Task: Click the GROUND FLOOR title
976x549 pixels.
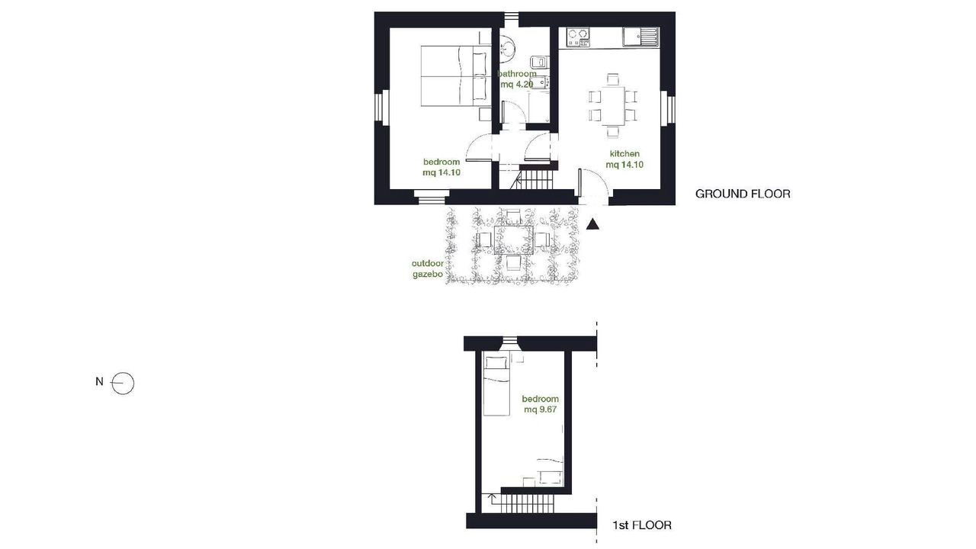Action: pyautogui.click(x=743, y=194)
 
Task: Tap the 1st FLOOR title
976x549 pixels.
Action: pyautogui.click(x=642, y=525)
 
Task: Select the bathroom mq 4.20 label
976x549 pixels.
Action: pyautogui.click(x=517, y=79)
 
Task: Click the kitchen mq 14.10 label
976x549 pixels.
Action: pyautogui.click(x=624, y=159)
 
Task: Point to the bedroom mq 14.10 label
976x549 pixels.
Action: pyautogui.click(x=441, y=167)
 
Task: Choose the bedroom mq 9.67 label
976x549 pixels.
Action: pyautogui.click(x=541, y=404)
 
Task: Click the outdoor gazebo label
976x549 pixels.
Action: pyautogui.click(x=428, y=268)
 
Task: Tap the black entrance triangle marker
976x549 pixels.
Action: pyautogui.click(x=592, y=224)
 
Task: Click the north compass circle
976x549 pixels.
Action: pyautogui.click(x=123, y=384)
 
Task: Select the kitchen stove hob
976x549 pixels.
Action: pyautogui.click(x=578, y=37)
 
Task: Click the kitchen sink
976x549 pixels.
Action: pyautogui.click(x=640, y=37)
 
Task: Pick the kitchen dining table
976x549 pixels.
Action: pyautogui.click(x=612, y=106)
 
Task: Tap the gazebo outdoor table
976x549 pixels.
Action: pyautogui.click(x=514, y=239)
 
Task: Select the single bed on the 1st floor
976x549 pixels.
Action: pyautogui.click(x=496, y=386)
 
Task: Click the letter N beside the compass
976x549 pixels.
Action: pyautogui.click(x=99, y=382)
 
